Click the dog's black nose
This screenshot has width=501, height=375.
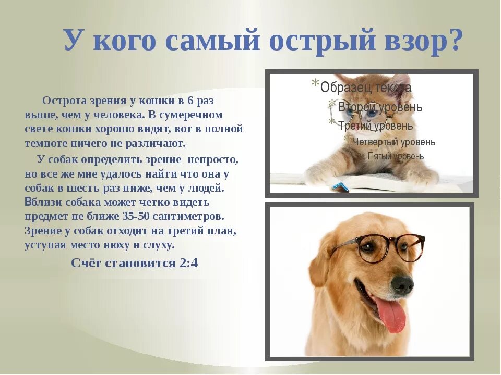click(402, 284)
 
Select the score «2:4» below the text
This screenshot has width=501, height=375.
click(188, 263)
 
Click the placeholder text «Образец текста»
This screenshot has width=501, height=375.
click(366, 87)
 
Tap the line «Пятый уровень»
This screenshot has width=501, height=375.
click(396, 156)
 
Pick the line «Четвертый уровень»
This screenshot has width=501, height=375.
click(393, 142)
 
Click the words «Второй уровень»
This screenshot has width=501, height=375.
click(380, 107)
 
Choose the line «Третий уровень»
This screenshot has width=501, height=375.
click(375, 126)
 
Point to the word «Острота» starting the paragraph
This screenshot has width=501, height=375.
click(62, 100)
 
